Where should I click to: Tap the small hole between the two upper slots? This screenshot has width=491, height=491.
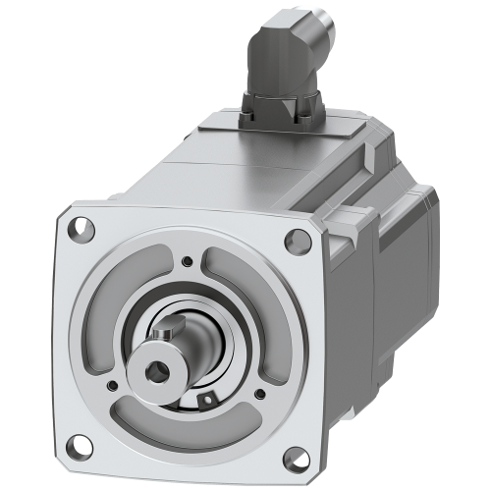click(188, 260)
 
